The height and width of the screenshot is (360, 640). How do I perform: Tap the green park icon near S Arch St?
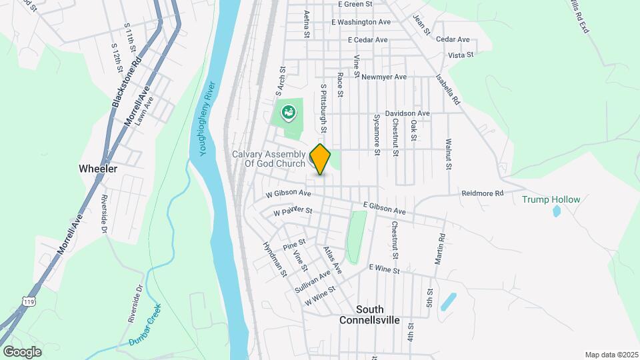pyautogui.click(x=289, y=112)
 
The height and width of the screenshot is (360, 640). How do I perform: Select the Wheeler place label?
pyautogui.click(x=98, y=169)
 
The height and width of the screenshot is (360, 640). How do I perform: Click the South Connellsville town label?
pyautogui.click(x=369, y=315)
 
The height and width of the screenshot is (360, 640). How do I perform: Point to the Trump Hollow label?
pyautogui.click(x=551, y=199)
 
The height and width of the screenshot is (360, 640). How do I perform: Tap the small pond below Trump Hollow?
pyautogui.click(x=557, y=212)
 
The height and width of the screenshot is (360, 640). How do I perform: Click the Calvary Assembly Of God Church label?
pyautogui.click(x=269, y=159)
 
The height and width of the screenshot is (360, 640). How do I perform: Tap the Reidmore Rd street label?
pyautogui.click(x=483, y=193)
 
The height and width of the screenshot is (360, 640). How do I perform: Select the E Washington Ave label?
pyautogui.click(x=361, y=22)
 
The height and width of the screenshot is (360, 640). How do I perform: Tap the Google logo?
pyautogui.click(x=22, y=351)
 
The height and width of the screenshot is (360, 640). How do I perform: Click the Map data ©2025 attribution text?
pyautogui.click(x=611, y=355)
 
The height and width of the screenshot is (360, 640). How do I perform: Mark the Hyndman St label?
pyautogui.click(x=275, y=260)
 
